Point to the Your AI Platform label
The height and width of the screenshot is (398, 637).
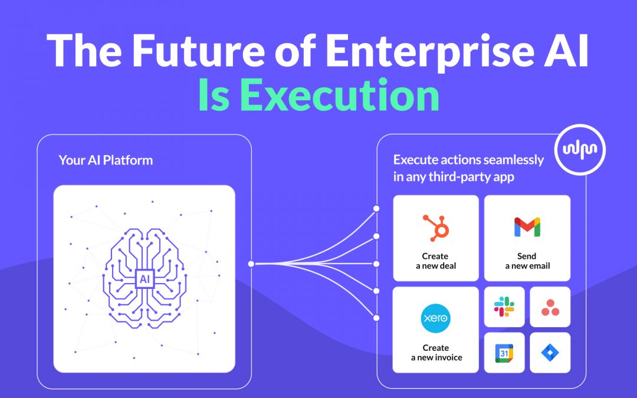[106, 160]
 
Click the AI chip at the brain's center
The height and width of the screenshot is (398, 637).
[145, 278]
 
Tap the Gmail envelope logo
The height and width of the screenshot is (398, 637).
[527, 227]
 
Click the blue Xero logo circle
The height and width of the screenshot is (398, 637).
[435, 318]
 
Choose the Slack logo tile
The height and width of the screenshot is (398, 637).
[504, 307]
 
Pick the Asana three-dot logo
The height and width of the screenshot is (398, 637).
[550, 307]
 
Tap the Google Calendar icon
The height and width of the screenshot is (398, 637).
[504, 353]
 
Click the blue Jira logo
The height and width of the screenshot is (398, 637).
[550, 353]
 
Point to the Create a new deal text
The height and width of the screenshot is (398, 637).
[435, 261]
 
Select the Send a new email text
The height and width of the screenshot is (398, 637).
[527, 261]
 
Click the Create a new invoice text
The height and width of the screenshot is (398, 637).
[436, 353]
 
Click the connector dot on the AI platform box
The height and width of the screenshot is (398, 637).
[251, 264]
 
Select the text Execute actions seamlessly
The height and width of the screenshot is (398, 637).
[468, 160]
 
